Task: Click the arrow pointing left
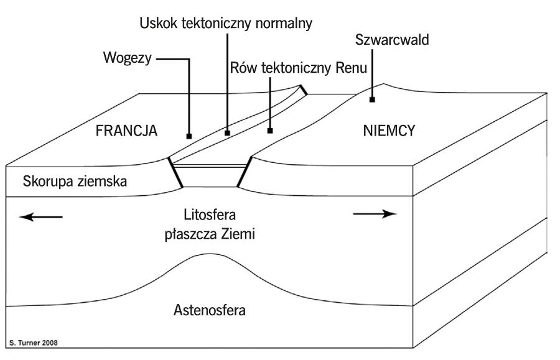coord(41,216)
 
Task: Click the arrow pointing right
coord(375,214)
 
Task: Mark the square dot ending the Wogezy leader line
coord(188,136)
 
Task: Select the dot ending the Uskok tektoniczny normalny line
coord(227,132)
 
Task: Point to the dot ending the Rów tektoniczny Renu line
coord(270,131)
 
